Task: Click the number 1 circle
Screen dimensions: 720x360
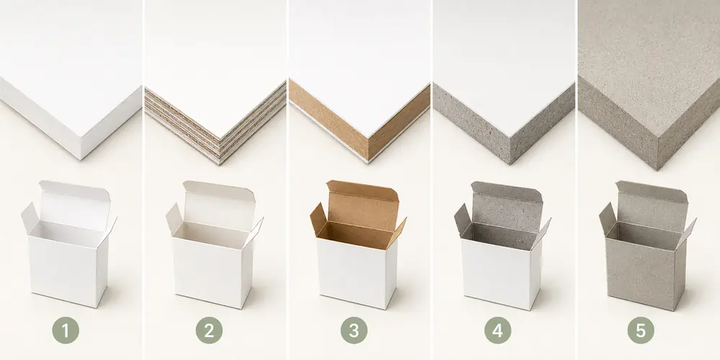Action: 66,330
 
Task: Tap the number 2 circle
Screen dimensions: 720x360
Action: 209,330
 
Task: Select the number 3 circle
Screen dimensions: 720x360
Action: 354,330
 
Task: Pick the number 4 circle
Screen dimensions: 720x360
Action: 498,330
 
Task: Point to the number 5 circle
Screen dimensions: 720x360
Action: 641,330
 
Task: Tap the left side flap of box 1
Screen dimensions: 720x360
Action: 30,218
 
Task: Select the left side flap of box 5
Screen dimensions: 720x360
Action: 608,219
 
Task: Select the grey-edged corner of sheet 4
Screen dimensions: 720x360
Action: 510,156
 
